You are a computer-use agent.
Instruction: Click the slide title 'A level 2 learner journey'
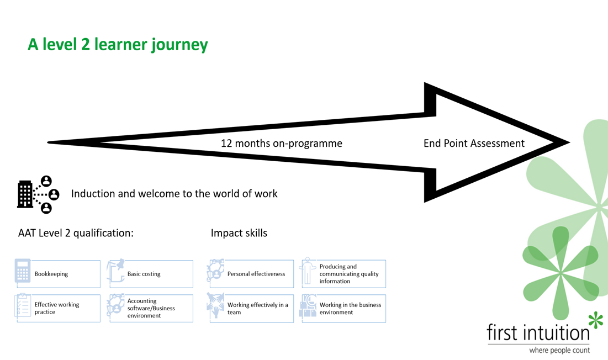point(118,45)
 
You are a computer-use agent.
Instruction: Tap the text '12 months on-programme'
point(281,144)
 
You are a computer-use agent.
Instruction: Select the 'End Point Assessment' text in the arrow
point(474,144)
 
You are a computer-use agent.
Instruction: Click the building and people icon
point(38,194)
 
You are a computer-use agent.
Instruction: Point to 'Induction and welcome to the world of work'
point(174,194)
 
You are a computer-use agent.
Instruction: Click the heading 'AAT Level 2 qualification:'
point(76,233)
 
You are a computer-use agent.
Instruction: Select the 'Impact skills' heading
point(239,233)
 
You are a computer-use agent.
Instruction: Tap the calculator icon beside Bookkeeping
point(23,271)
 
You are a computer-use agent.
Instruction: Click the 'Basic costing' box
point(152,274)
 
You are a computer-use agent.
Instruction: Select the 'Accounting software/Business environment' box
point(152,308)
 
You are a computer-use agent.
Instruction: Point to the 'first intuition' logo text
point(538,333)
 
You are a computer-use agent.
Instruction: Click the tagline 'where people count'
point(559,350)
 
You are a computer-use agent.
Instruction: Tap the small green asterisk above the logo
point(595,320)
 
